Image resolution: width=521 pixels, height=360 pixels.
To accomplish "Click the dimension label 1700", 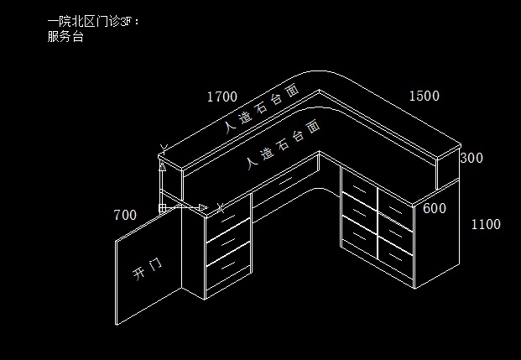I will (221, 97).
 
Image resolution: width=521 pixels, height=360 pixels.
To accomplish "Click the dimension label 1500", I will (424, 96).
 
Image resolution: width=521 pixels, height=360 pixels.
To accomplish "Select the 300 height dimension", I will (472, 158).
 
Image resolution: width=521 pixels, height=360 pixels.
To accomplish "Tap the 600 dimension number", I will (434, 208).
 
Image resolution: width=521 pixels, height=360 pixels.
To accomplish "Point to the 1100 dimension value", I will (485, 224).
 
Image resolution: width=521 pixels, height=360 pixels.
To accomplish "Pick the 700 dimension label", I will (124, 215).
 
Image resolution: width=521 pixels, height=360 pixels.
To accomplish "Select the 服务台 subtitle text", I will (65, 38).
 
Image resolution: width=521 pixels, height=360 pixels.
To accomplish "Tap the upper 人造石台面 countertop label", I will (261, 109).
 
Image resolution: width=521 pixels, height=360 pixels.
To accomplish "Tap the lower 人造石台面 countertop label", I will (284, 144).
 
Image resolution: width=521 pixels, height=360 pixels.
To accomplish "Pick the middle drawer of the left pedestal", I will (228, 243).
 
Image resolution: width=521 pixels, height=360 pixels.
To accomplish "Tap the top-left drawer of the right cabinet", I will (358, 184).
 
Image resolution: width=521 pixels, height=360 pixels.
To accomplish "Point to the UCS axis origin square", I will (161, 206).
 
